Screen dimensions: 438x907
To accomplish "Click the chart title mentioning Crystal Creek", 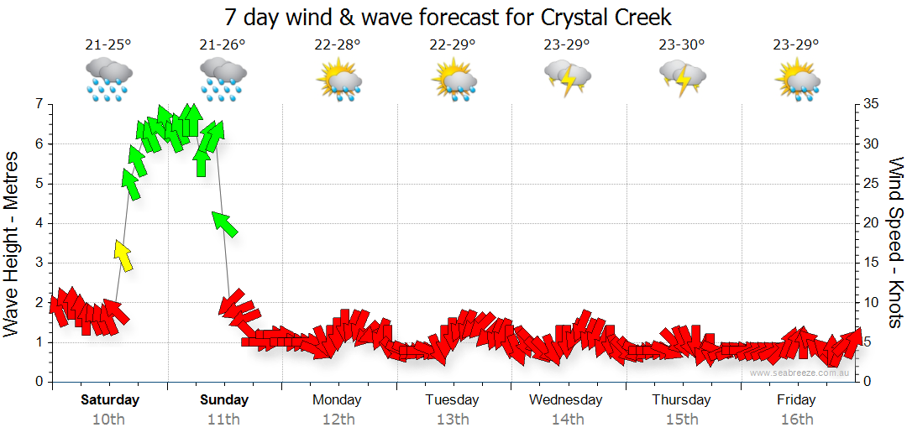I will coord(448,17).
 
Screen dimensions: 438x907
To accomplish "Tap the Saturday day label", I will coord(109,399).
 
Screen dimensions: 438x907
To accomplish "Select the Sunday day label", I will coord(224,399).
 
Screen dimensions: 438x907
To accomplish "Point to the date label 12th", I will coord(338,419).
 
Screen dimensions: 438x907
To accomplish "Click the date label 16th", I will coord(796,419).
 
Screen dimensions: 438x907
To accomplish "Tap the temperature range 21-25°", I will coord(109,45).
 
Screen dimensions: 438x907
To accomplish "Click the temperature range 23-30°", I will coord(681,45).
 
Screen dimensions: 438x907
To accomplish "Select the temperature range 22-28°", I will coord(338,45).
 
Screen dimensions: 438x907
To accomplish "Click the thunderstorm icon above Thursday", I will coord(681,79).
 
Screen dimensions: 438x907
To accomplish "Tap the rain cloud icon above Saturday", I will coord(109,79).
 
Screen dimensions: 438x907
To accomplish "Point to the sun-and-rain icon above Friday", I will coord(796,79).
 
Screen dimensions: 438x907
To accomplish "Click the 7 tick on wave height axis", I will coord(39,104).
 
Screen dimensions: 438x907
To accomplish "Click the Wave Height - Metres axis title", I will coord(13,243).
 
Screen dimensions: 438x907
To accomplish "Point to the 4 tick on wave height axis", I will coord(39,223).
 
